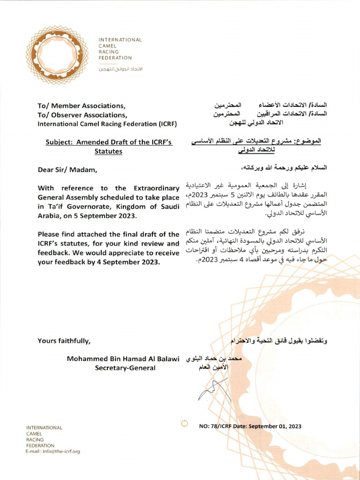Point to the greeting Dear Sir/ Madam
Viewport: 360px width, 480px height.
pos(67,169)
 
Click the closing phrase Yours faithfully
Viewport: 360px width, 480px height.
pos(64,341)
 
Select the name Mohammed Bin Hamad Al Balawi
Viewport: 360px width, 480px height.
pos(123,359)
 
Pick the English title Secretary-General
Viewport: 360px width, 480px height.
pos(125,368)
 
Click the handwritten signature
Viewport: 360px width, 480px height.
pos(213,390)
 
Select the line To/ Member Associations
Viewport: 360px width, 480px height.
pos(81,105)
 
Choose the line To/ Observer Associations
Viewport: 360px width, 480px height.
pos(82,115)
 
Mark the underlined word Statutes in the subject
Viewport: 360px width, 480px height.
pos(109,151)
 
